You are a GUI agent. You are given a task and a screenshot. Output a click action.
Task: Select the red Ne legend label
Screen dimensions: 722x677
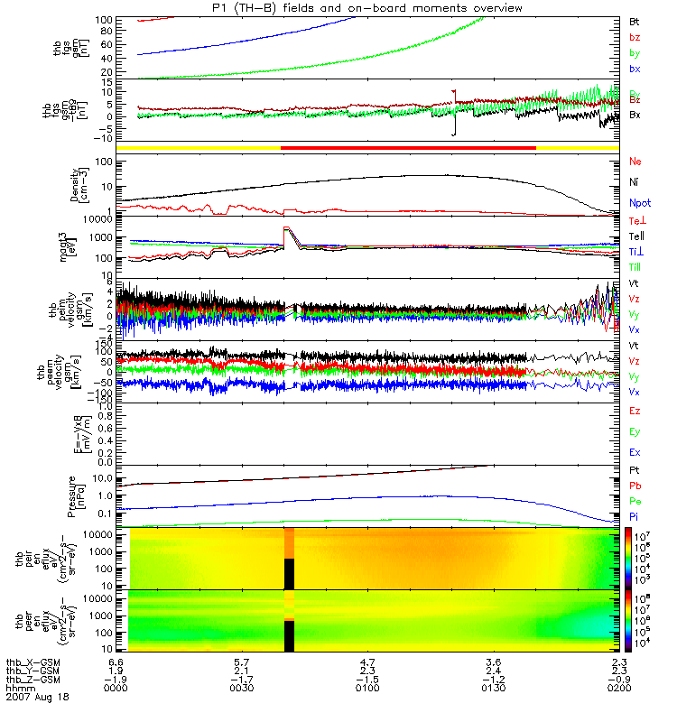(635, 162)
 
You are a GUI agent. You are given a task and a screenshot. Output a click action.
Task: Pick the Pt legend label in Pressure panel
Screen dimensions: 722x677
(634, 472)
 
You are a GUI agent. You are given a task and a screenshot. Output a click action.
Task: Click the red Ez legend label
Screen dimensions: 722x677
(635, 411)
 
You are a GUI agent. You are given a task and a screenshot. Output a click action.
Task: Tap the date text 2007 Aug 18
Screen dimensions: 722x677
(37, 698)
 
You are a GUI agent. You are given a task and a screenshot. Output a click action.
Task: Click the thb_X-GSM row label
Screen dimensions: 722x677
(35, 661)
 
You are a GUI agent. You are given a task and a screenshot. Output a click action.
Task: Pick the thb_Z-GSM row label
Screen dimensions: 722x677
(35, 679)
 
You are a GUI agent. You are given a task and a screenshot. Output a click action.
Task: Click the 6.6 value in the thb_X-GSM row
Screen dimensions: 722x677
(115, 661)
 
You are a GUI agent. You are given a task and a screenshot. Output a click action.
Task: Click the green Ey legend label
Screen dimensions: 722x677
(635, 431)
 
